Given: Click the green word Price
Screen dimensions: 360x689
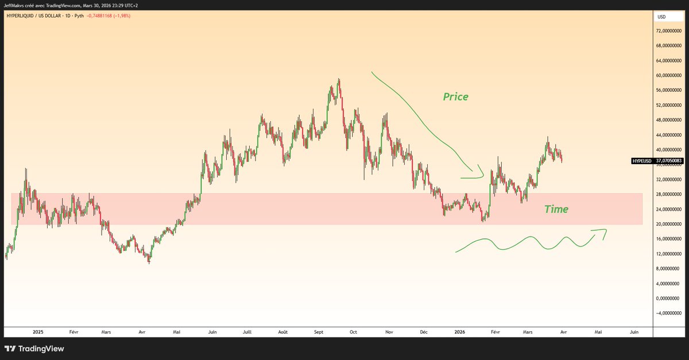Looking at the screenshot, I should click(455, 97).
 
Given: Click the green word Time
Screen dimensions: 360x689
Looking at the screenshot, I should click(556, 210).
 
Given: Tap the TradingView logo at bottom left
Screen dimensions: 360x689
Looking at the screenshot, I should click(34, 349).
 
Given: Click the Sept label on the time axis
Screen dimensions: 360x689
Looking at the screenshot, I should click(319, 332).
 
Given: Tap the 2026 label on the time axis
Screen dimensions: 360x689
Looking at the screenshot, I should click(459, 332).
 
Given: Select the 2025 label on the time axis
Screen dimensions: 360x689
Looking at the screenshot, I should click(38, 332).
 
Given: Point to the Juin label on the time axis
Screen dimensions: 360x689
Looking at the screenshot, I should click(634, 332).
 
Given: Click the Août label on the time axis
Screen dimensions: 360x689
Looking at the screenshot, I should click(282, 332).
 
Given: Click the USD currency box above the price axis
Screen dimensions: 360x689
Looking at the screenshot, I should click(661, 17).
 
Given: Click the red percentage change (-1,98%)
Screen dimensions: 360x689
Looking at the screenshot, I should click(121, 16).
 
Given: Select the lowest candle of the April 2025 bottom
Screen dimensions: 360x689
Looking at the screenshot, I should click(149, 261).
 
